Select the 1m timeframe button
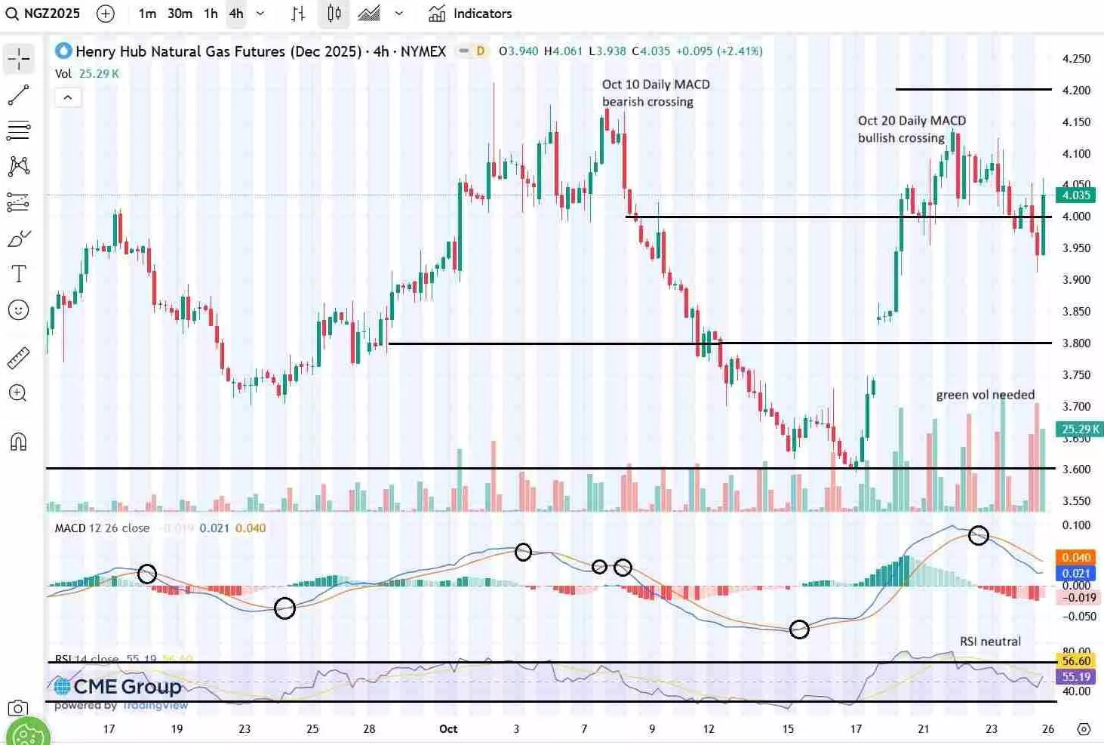(x=147, y=14)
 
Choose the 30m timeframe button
(x=180, y=14)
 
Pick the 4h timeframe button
(x=236, y=14)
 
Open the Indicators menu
(x=470, y=14)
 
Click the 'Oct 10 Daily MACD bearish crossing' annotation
(x=655, y=93)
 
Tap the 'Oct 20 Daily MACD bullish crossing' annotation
(x=911, y=129)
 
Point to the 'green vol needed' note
(x=985, y=395)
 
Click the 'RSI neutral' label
(x=990, y=642)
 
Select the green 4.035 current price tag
(x=1075, y=195)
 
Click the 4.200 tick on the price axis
(x=1076, y=91)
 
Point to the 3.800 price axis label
(x=1076, y=343)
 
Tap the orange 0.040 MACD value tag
(x=1076, y=558)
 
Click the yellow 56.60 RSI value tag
(x=1076, y=661)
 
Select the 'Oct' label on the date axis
(x=448, y=729)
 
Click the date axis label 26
(x=1048, y=729)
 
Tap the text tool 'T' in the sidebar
(x=19, y=273)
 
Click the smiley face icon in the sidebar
(x=19, y=309)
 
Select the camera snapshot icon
(x=17, y=708)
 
